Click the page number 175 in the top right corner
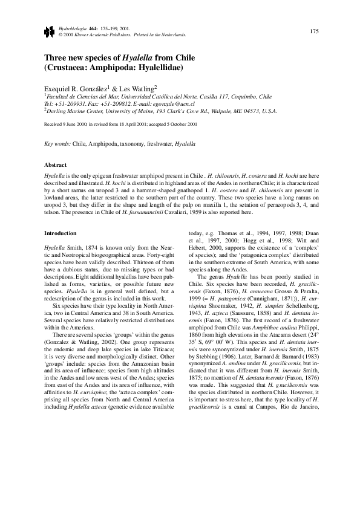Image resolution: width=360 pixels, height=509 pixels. tap(315, 31)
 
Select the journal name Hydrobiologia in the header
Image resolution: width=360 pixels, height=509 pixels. tap(71, 28)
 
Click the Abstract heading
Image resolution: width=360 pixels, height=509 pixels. tap(56, 164)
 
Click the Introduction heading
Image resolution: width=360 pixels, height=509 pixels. tap(62, 233)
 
